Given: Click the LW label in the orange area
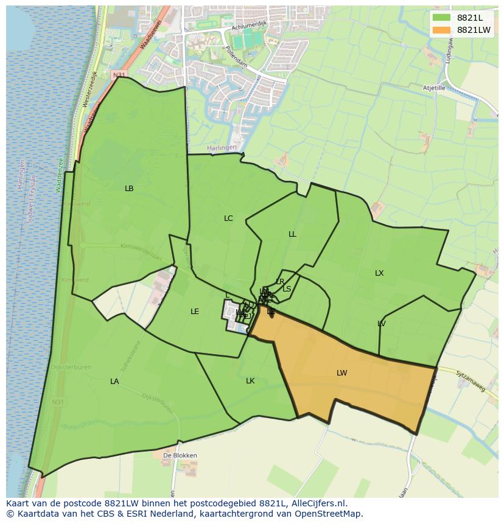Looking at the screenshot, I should tap(341, 373).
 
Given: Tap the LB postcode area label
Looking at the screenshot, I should tap(129, 189).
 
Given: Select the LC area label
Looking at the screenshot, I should tap(228, 218).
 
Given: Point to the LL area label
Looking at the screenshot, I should tap(292, 234).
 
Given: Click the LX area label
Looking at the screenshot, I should tap(379, 273).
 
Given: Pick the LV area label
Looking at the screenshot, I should tap(382, 324).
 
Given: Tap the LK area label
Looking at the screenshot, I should tap(250, 381).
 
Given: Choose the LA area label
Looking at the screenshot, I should tap(114, 382).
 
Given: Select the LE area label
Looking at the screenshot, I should tap(195, 312).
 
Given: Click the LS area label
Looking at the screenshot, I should tap(287, 289).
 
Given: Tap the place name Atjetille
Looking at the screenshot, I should tap(435, 88).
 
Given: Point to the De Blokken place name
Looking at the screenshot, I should tap(180, 455).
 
